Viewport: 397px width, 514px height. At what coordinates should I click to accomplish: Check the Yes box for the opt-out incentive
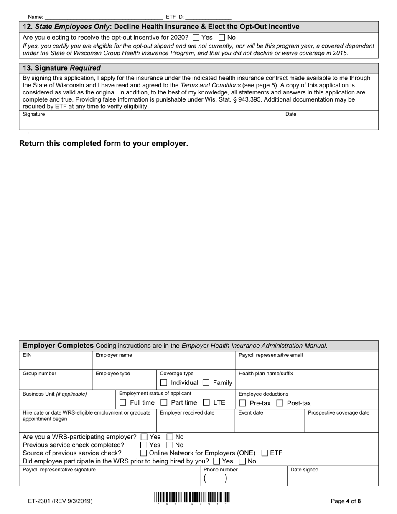(x=196, y=37)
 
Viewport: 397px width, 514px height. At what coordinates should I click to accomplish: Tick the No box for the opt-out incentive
(x=222, y=37)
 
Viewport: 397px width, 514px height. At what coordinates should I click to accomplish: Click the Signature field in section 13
(x=150, y=122)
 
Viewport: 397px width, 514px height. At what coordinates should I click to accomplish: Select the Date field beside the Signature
(x=330, y=122)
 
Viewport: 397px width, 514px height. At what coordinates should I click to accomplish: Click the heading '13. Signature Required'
(x=61, y=68)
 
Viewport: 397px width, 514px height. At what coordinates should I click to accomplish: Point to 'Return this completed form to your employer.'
(x=104, y=143)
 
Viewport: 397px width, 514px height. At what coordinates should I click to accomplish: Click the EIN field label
(x=27, y=355)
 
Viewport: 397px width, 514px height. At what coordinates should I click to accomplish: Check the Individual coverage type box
(x=164, y=383)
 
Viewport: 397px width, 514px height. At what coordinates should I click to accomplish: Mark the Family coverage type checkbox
(x=206, y=383)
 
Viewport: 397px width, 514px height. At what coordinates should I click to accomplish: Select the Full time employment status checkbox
(x=123, y=403)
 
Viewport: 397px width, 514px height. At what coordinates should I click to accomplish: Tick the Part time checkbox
(x=164, y=403)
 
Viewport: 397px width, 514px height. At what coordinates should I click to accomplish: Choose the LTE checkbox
(x=206, y=403)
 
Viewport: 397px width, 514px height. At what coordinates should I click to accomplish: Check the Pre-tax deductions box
(x=242, y=403)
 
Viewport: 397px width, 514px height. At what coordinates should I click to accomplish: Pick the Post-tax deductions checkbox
(x=280, y=403)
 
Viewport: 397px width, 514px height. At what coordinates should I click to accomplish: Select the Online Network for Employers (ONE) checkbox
(x=144, y=453)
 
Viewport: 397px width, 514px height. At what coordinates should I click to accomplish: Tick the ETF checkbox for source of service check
(x=265, y=453)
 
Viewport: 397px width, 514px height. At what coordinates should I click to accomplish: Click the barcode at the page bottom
(x=192, y=498)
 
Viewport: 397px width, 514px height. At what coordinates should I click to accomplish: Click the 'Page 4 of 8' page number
(x=346, y=501)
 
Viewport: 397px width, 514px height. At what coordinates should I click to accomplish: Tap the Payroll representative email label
(x=270, y=355)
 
